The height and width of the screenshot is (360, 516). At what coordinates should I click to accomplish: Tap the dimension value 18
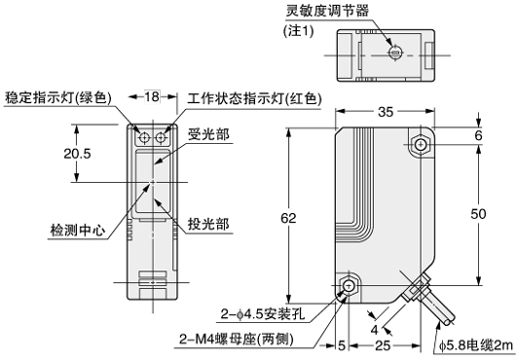[152, 96]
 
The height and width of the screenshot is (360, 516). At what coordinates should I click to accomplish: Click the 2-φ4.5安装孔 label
[266, 313]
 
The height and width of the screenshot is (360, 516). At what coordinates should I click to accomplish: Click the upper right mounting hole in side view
[420, 145]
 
